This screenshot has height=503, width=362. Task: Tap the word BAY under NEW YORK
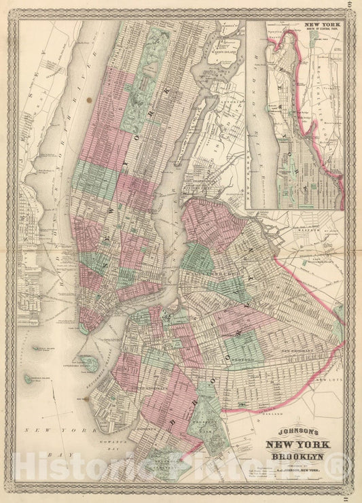click(45, 450)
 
